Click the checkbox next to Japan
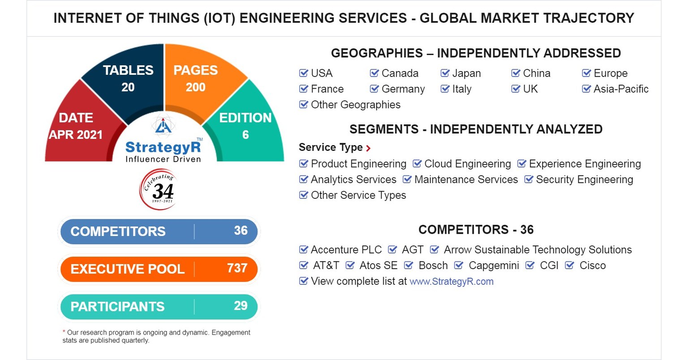pos(445,73)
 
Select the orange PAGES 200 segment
pos(196,78)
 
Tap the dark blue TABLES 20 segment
pos(128,78)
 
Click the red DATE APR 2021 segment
pos(76,126)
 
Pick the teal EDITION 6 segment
pos(245,126)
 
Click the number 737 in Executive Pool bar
pos(237,268)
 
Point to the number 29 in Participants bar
pos(241,306)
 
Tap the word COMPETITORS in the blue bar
pos(118,231)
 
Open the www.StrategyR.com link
pos(451,282)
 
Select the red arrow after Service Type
pos(368,148)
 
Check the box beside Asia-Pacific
pos(586,89)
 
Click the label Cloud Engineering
pos(467,164)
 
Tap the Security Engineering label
pos(584,180)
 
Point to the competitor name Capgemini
pos(494,266)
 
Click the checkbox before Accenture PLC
pos(304,249)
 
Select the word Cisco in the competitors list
pos(592,266)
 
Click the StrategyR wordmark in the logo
pos(163,147)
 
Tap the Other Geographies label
pos(356,105)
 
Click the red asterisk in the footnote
pos(64,332)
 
